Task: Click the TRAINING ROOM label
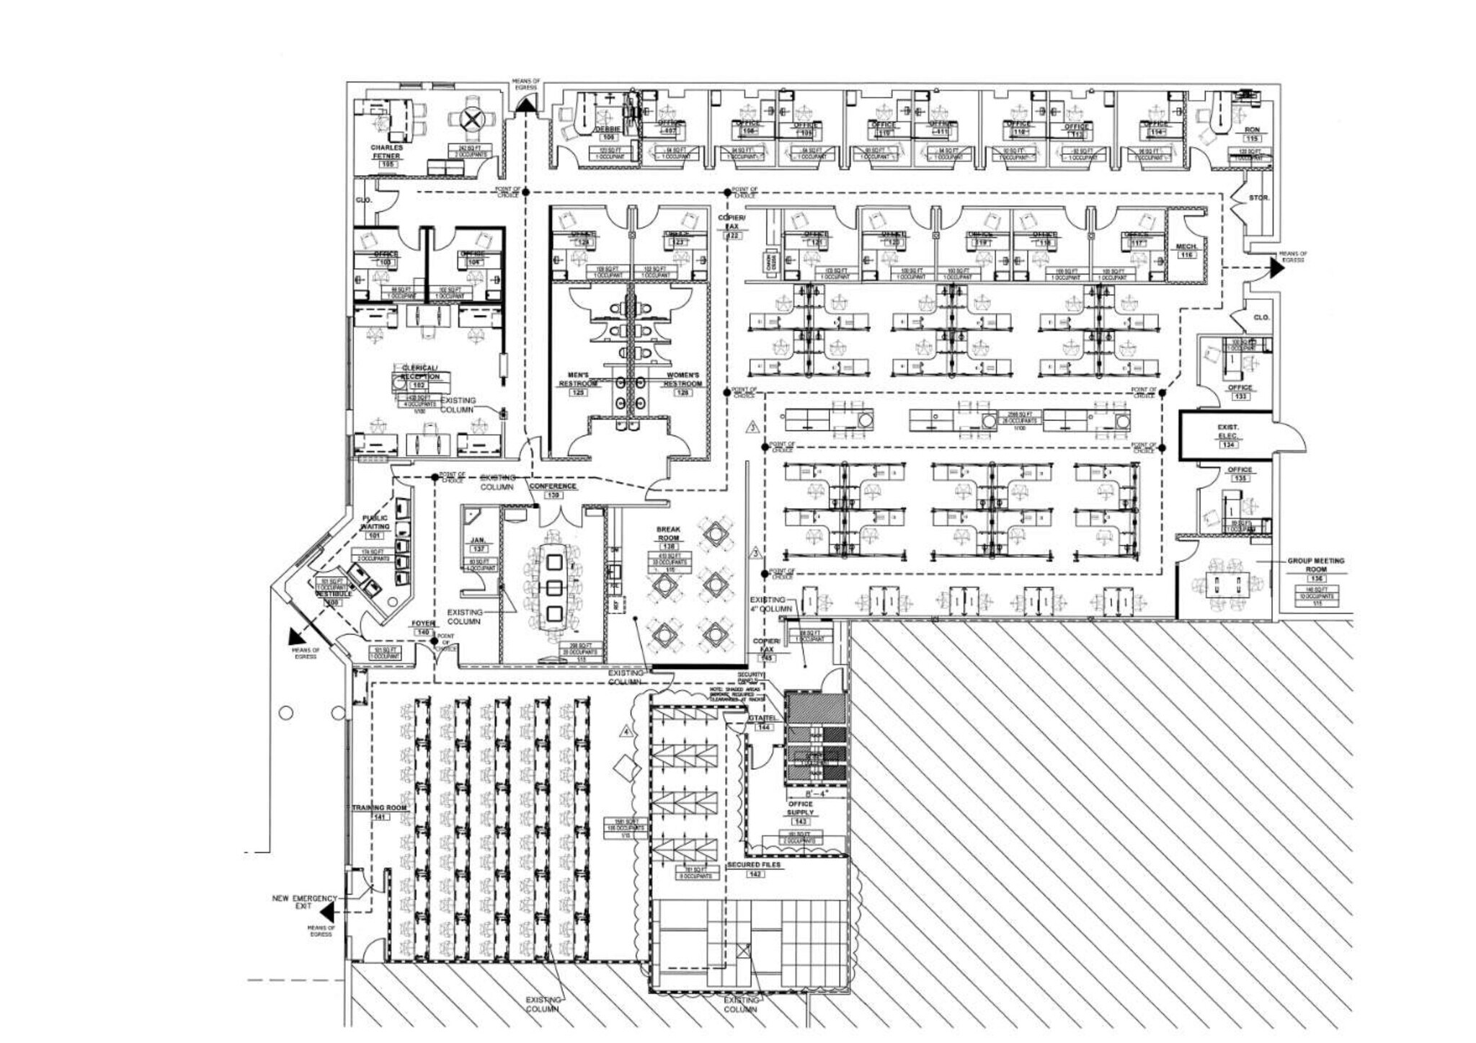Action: pos(379,808)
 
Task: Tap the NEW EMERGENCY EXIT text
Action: pos(304,902)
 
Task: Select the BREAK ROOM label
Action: pos(668,533)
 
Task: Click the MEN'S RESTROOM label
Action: pos(578,379)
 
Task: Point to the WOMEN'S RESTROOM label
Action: pos(682,379)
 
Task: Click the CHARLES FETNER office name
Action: pos(387,151)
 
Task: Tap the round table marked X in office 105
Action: pos(471,120)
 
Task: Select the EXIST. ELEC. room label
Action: pos(1227,431)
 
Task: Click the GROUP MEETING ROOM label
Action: pos(1316,564)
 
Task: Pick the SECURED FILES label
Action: pos(754,865)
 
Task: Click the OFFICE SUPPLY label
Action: pos(800,808)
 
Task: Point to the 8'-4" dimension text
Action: pos(817,793)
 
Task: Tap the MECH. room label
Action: pos(1186,247)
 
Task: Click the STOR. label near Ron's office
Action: pos(1258,197)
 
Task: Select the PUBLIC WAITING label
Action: pos(375,522)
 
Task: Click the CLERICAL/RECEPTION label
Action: pos(419,372)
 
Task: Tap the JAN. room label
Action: pos(477,540)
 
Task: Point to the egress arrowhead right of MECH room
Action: pos(1276,267)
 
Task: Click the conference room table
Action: pos(553,587)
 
